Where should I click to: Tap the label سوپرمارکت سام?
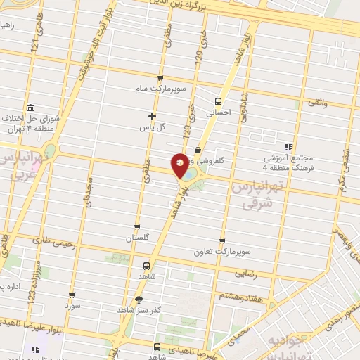161,89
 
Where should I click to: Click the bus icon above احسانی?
219,100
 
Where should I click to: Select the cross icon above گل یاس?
152,116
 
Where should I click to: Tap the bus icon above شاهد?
146,266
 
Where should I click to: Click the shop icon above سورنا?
72,296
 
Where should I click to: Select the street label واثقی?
316,104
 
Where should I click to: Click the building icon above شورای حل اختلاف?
30,108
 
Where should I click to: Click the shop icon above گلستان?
137,227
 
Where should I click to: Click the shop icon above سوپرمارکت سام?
161,78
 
